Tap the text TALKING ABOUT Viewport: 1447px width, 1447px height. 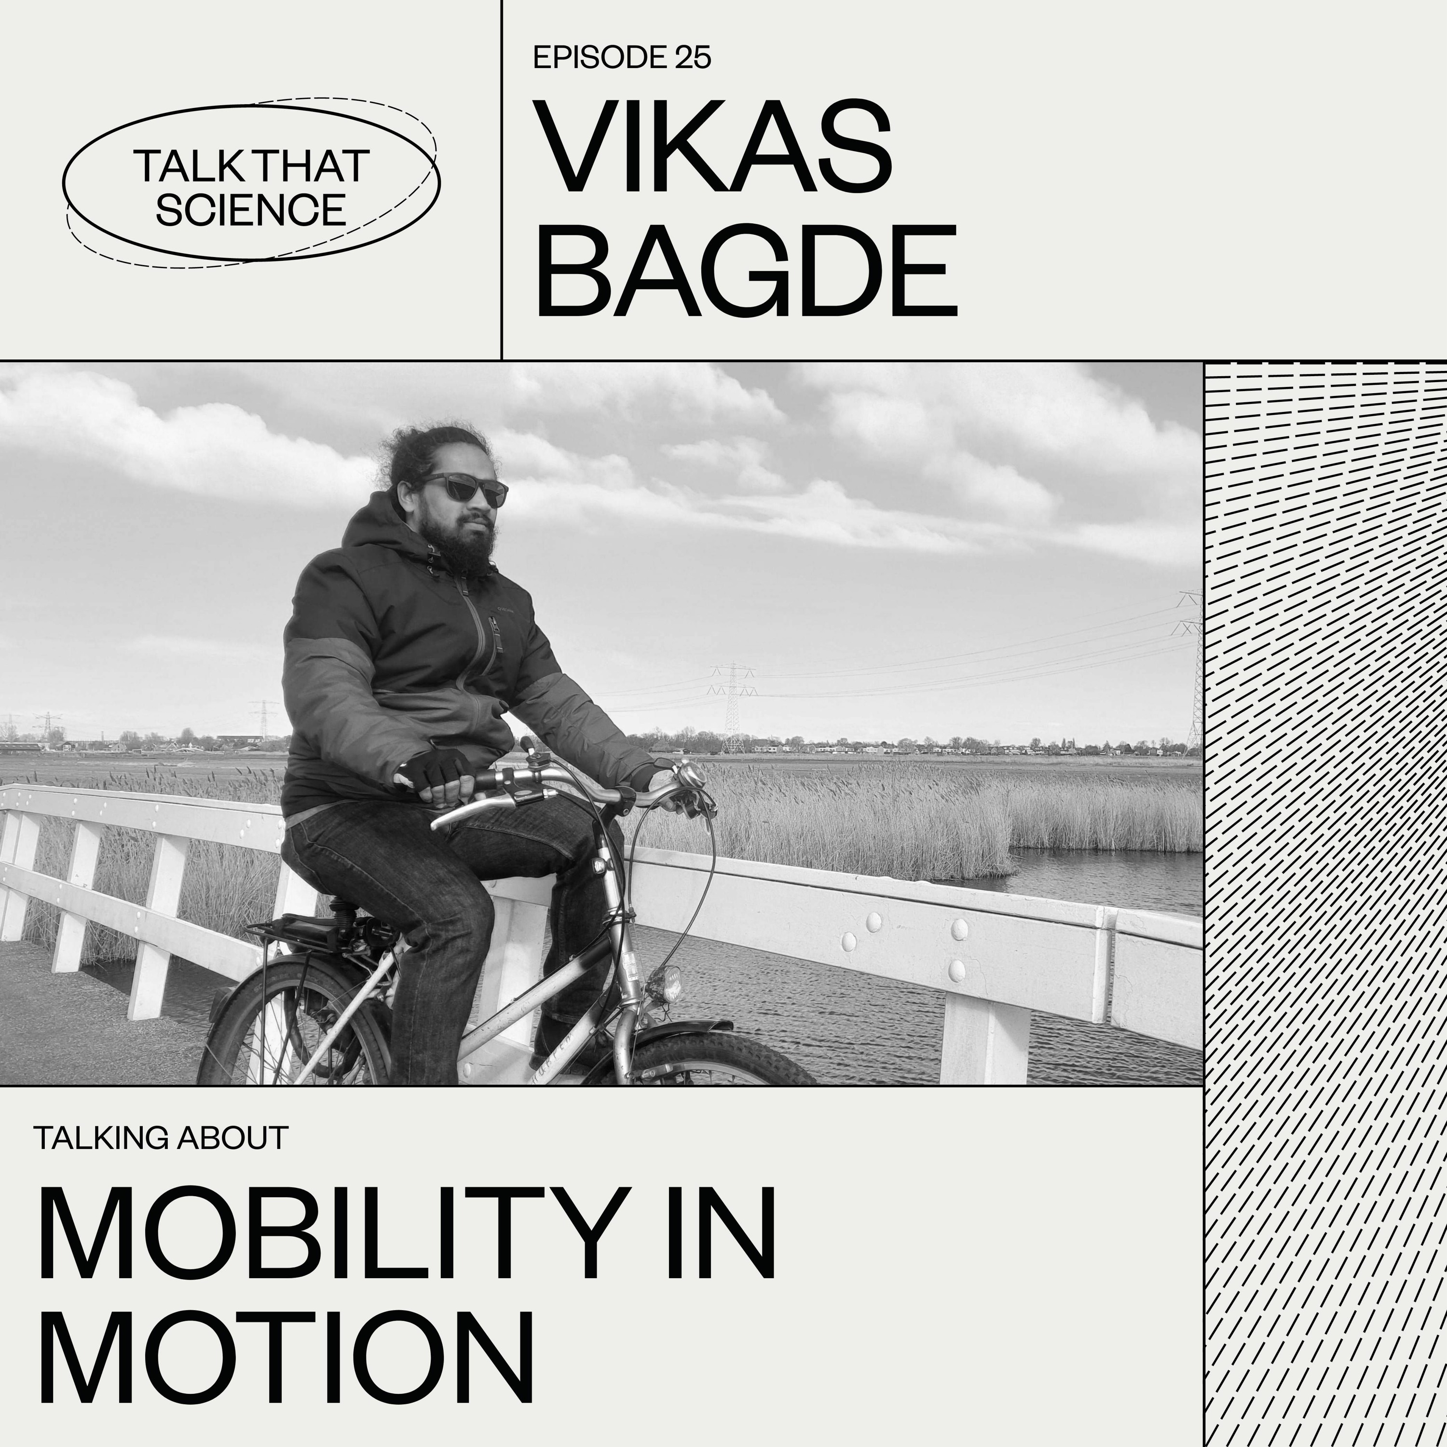point(161,1138)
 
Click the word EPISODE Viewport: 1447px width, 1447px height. point(599,58)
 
